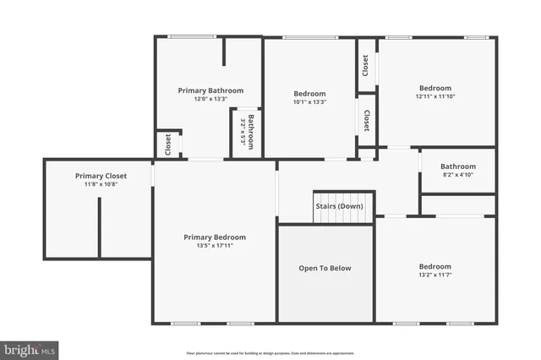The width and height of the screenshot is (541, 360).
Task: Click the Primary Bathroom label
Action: pos(210,90)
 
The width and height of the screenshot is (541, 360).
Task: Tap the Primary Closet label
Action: pos(101,176)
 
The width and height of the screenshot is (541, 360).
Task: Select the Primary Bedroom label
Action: pos(215,237)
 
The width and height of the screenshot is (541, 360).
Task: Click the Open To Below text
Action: pos(325,268)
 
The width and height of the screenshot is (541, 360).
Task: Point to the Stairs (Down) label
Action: pos(339,206)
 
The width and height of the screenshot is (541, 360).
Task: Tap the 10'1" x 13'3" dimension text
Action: pos(309,102)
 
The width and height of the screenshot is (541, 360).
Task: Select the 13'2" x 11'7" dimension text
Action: pos(435,275)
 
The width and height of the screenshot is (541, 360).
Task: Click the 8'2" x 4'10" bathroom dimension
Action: pos(457,175)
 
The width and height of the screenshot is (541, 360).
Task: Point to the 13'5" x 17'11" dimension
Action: pos(215,246)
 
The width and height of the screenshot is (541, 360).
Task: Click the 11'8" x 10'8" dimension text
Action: pos(101,184)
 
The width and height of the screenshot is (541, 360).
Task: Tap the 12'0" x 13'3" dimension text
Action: pos(210,99)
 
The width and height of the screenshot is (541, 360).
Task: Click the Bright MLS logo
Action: pos(30,348)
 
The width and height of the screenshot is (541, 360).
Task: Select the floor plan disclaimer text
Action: pos(270,352)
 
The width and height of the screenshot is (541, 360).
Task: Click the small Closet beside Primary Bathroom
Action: pos(168,144)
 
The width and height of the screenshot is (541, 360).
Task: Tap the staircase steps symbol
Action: pos(343,217)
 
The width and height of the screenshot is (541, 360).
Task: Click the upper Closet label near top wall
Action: pos(365,66)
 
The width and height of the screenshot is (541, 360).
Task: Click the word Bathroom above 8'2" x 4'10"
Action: pos(457,166)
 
